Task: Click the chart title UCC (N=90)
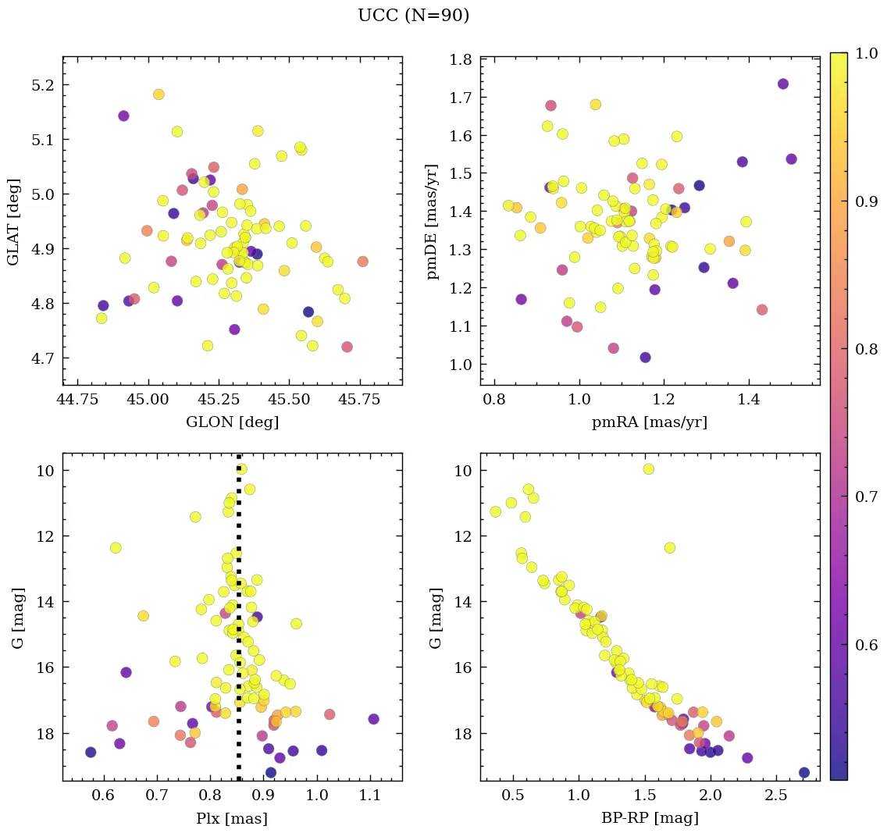(413, 16)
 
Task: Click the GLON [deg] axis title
(232, 422)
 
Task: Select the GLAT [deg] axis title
(13, 220)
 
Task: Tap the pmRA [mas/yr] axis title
(650, 422)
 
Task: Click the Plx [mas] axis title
(232, 818)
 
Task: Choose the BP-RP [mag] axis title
(650, 818)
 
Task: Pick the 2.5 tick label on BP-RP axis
(775, 796)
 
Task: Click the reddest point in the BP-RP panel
(804, 772)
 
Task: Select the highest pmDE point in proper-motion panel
(783, 84)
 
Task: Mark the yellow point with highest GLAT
(159, 94)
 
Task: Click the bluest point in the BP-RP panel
(495, 511)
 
